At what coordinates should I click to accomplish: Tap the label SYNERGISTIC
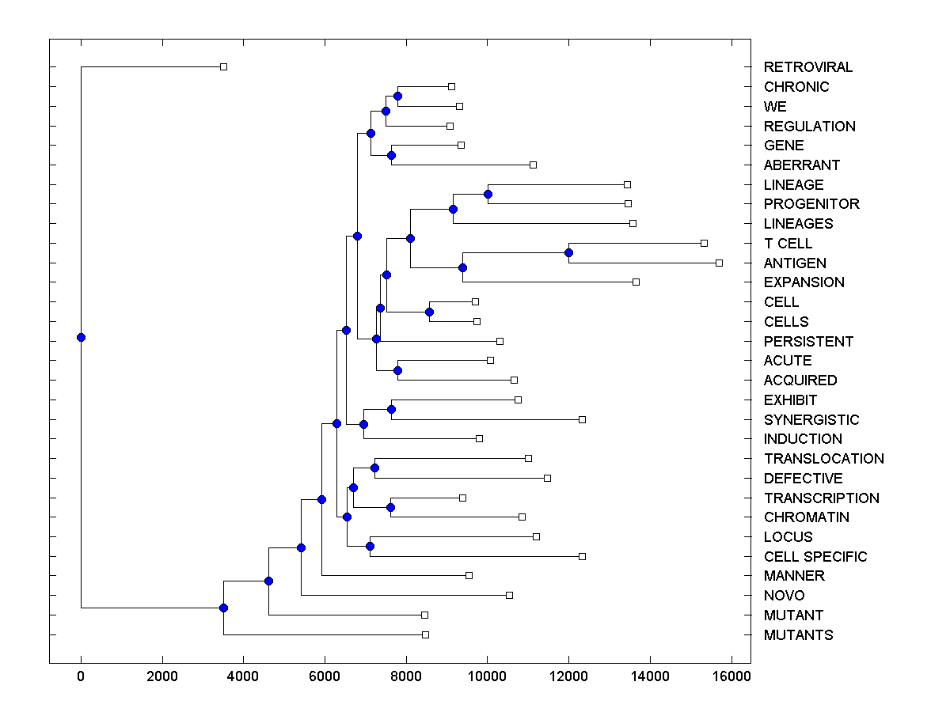(x=811, y=420)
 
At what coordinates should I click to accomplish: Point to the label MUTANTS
(x=798, y=635)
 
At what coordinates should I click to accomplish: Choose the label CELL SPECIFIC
(x=815, y=557)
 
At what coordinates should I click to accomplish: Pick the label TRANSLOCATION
(x=823, y=459)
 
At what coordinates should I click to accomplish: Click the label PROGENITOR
(x=811, y=204)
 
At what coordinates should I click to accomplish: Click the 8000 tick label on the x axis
(x=405, y=676)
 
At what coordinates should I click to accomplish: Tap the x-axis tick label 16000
(x=731, y=676)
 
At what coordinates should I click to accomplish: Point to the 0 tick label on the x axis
(x=81, y=676)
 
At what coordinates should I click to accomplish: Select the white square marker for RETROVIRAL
(x=223, y=67)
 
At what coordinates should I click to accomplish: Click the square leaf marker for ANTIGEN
(x=719, y=263)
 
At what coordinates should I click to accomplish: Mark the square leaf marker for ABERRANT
(x=533, y=165)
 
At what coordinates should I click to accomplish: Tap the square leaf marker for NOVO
(x=509, y=595)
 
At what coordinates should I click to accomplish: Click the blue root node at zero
(x=81, y=337)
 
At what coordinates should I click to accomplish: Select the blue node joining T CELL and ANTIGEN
(x=568, y=253)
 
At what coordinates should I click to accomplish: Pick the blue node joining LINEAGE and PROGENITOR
(x=488, y=194)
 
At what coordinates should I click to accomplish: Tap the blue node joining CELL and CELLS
(x=429, y=312)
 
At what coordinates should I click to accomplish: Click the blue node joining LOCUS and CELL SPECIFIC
(x=370, y=547)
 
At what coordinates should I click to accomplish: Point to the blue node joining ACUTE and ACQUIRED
(x=397, y=370)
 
